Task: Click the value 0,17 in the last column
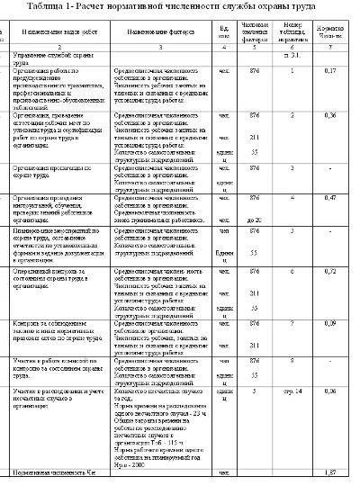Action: pos(330,69)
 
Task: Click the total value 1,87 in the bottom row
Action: pos(330,472)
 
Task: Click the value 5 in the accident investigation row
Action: pos(255,391)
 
